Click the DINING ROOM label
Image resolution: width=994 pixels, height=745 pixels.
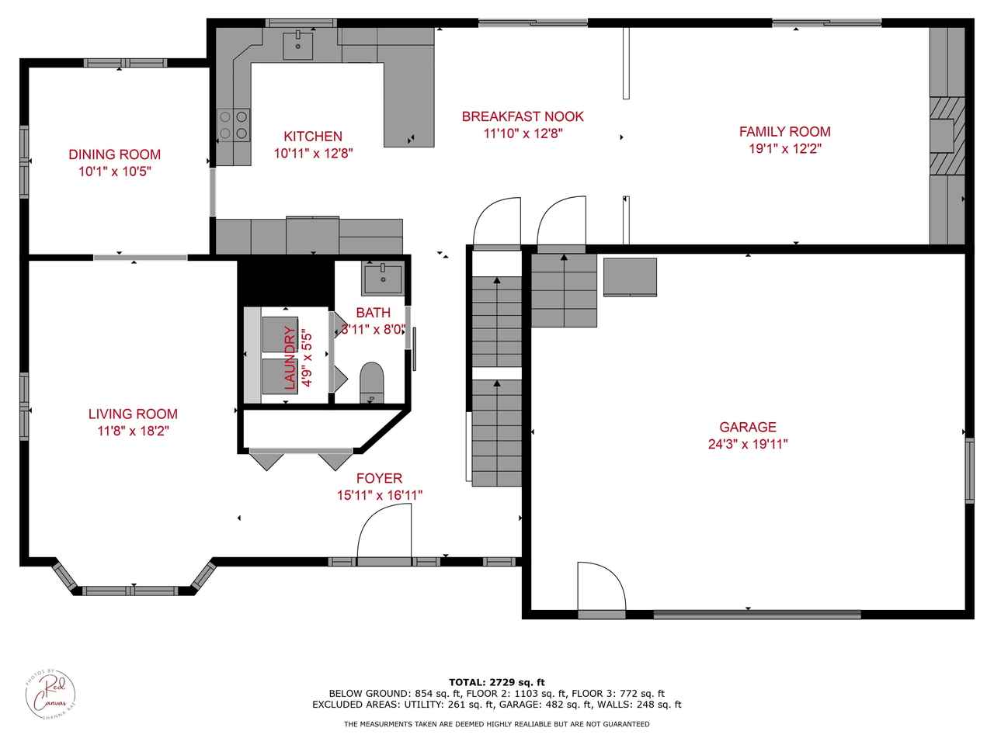pyautogui.click(x=114, y=154)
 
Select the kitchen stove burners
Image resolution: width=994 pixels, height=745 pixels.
pyautogui.click(x=233, y=125)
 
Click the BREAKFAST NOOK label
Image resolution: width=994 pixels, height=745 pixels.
pyautogui.click(x=523, y=116)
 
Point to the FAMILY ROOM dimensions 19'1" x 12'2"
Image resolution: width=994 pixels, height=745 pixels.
pyautogui.click(x=784, y=149)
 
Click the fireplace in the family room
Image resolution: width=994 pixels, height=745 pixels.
pyautogui.click(x=947, y=136)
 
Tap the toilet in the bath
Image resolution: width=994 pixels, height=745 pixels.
pyautogui.click(x=372, y=382)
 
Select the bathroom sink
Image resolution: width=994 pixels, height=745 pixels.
pyautogui.click(x=382, y=278)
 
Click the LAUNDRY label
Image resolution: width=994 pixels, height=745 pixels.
pyautogui.click(x=290, y=357)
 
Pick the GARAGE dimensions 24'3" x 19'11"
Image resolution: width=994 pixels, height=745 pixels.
pyautogui.click(x=747, y=444)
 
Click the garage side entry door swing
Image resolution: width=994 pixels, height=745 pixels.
pyautogui.click(x=601, y=587)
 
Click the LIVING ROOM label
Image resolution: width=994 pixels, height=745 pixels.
pyautogui.click(x=133, y=414)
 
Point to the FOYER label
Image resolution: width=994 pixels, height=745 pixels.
pyautogui.click(x=379, y=479)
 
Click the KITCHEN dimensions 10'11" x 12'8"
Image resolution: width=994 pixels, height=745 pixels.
pyautogui.click(x=313, y=154)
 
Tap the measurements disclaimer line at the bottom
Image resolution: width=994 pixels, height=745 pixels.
pyautogui.click(x=497, y=724)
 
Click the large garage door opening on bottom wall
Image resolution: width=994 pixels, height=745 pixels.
pyautogui.click(x=757, y=615)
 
